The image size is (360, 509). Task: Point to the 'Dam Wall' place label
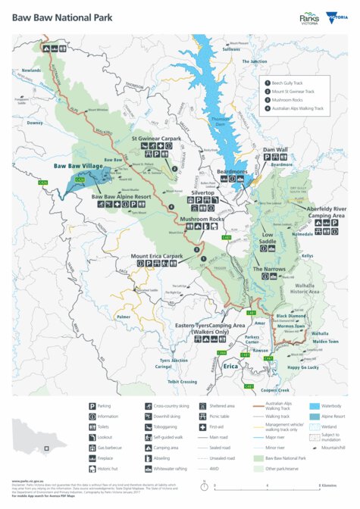coord(275,150)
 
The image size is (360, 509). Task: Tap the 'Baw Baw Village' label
coord(78,165)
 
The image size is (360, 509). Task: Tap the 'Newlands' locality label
coord(31,70)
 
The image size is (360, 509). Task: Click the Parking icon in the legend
coord(93,406)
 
